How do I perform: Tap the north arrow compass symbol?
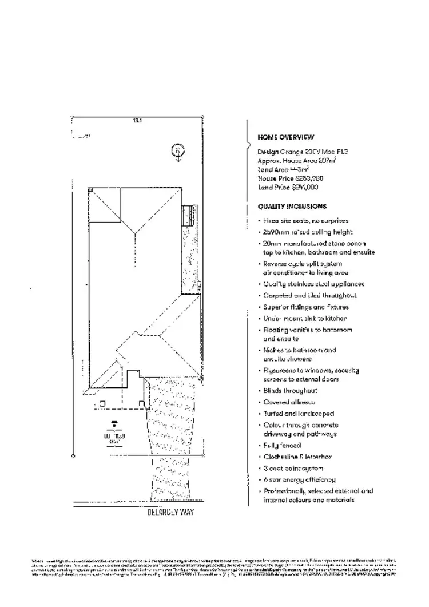(178, 152)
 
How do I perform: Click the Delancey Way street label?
(170, 513)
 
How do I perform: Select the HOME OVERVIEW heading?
(285, 137)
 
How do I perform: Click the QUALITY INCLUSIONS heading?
(292, 207)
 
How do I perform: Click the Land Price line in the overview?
(288, 187)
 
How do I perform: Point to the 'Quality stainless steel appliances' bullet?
(313, 284)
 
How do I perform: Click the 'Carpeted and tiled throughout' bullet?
(309, 295)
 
